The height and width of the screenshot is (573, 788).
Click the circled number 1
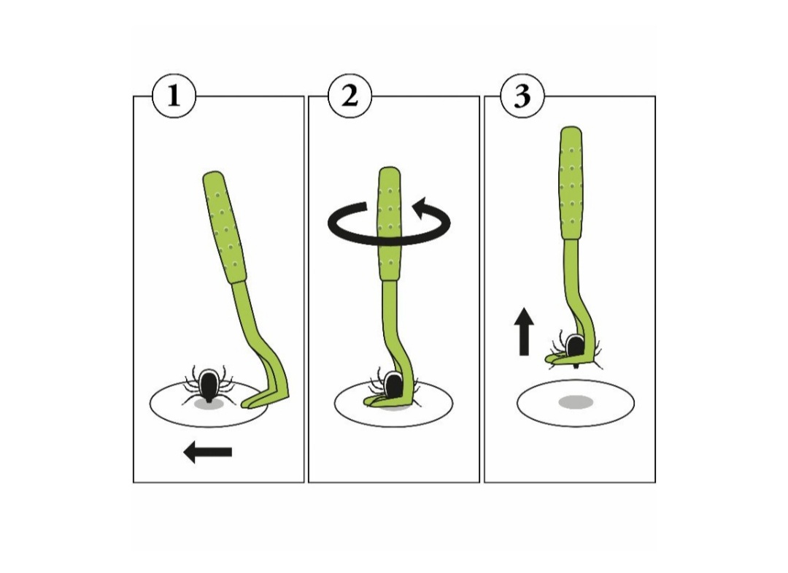click(x=174, y=96)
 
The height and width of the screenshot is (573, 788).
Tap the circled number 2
click(x=349, y=96)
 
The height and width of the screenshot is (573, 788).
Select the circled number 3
click(x=522, y=96)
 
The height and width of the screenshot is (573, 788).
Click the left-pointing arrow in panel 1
click(x=207, y=452)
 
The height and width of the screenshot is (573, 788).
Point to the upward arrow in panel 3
click(x=524, y=331)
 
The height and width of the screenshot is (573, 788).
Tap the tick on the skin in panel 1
click(x=207, y=385)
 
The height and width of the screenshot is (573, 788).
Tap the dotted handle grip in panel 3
click(x=571, y=183)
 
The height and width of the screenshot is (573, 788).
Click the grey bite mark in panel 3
click(x=576, y=402)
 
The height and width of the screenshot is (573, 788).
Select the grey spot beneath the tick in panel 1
click(x=208, y=404)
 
